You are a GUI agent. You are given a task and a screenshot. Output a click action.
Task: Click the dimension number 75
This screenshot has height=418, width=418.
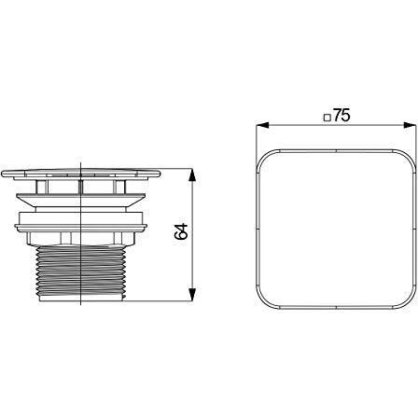341,116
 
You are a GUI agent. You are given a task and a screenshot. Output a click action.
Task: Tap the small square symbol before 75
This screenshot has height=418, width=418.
327,118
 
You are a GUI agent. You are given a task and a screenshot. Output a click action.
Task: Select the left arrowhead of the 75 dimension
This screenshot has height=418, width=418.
262,125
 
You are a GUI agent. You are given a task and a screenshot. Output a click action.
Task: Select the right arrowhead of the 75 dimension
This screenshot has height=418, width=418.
410,125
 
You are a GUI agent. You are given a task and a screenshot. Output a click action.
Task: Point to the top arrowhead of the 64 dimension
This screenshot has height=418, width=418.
192,175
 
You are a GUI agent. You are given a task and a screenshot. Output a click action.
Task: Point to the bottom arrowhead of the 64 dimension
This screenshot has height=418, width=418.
192,294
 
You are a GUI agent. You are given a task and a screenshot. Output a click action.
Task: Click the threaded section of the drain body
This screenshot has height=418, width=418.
81,270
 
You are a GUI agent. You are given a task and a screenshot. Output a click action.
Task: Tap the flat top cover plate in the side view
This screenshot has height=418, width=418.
81,174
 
